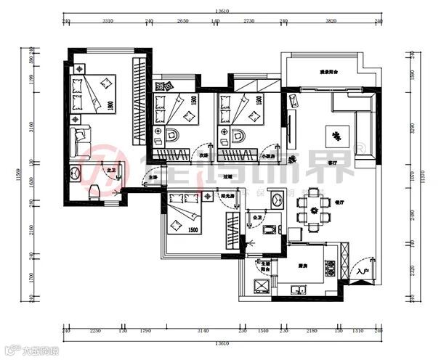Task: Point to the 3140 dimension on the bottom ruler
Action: click(x=203, y=331)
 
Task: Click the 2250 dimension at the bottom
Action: click(x=94, y=331)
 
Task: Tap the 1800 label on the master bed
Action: click(x=110, y=106)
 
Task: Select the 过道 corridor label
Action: click(x=227, y=176)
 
